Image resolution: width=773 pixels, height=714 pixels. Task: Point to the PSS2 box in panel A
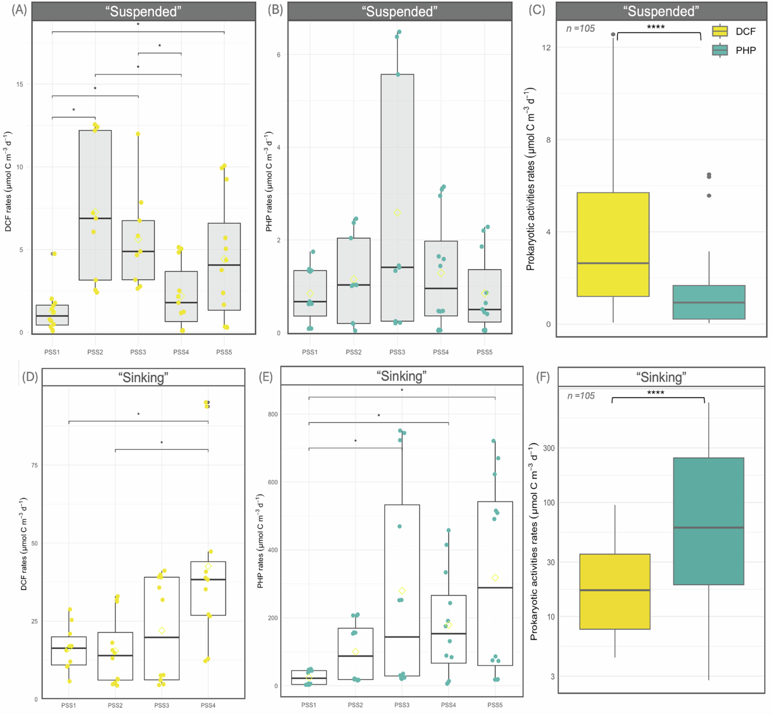click(95, 205)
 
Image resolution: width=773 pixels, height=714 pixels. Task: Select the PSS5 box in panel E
click(495, 583)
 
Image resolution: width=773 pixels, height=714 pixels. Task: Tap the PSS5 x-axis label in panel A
click(224, 352)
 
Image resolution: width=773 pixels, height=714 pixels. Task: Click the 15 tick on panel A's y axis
click(20, 84)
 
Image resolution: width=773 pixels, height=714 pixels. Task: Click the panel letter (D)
click(30, 377)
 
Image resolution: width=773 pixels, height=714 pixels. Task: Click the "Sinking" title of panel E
click(401, 376)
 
